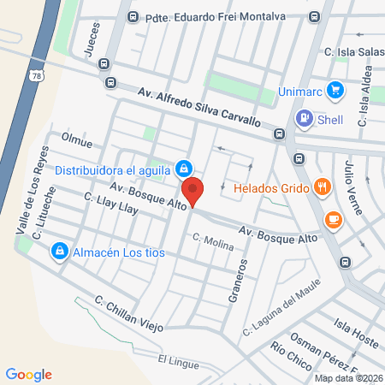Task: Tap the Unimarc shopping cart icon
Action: [335, 90]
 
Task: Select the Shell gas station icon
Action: [304, 118]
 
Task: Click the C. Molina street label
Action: [213, 243]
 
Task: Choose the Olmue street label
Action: [77, 138]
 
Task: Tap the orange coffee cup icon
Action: [331, 220]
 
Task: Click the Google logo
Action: [29, 374]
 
